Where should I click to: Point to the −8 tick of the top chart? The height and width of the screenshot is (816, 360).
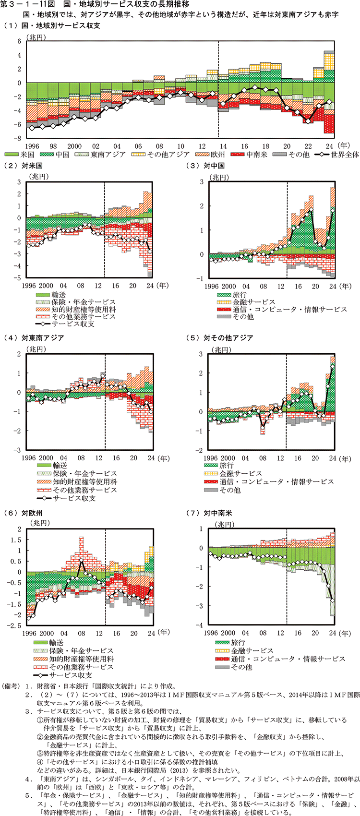(x=19, y=138)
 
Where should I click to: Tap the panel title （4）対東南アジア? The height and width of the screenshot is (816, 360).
(x=34, y=338)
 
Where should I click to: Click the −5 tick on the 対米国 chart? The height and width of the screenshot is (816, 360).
(x=19, y=278)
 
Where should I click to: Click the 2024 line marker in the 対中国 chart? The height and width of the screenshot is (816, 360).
(x=333, y=210)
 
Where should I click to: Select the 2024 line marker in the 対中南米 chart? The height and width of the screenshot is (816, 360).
(x=333, y=600)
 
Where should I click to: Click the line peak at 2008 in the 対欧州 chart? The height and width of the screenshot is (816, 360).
(x=81, y=560)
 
